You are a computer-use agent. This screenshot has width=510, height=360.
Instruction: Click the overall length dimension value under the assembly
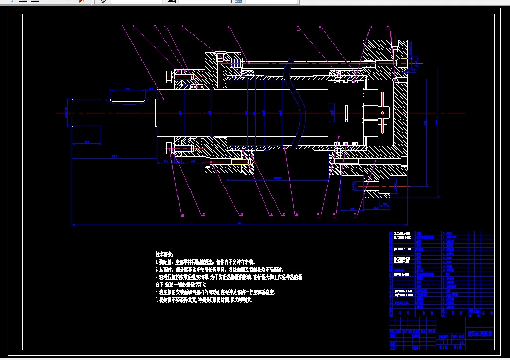point(240,223)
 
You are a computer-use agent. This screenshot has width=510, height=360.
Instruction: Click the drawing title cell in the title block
point(480,333)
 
